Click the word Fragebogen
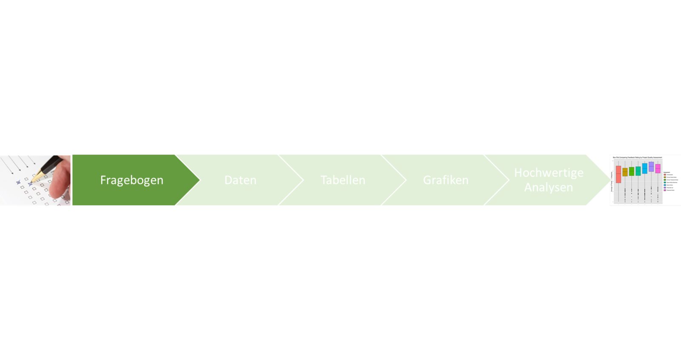pyautogui.click(x=132, y=180)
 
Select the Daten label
pyautogui.click(x=240, y=180)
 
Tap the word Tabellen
pyautogui.click(x=343, y=180)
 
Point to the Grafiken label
pyautogui.click(x=446, y=180)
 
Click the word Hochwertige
pyautogui.click(x=549, y=173)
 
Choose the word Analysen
pyautogui.click(x=549, y=187)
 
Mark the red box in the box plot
pyautogui.click(x=618, y=174)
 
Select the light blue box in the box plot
pyautogui.click(x=644, y=169)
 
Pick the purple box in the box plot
pyautogui.click(x=651, y=166)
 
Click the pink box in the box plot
pyautogui.click(x=658, y=169)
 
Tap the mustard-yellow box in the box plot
pyautogui.click(x=625, y=172)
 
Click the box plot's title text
pyautogui.click(x=637, y=157)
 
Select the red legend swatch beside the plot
pyautogui.click(x=665, y=174)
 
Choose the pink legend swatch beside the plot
pyautogui.click(x=665, y=190)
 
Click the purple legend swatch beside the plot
pyautogui.click(x=665, y=188)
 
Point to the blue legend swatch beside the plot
pyautogui.click(x=665, y=185)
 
